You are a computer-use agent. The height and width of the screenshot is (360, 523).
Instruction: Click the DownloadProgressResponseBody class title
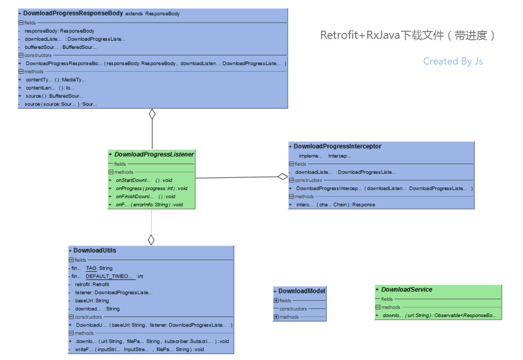click(x=73, y=14)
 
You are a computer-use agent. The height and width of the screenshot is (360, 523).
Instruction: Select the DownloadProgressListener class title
click(x=154, y=154)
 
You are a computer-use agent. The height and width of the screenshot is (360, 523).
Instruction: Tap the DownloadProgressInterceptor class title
click(x=337, y=146)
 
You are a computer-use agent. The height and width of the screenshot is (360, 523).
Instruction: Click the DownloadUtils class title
click(x=95, y=250)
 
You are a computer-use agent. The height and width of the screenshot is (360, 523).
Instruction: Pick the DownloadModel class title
click(x=302, y=291)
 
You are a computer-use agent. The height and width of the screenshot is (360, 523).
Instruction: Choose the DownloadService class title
click(x=406, y=290)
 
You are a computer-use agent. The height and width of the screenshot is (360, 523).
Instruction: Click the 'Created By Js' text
click(x=453, y=61)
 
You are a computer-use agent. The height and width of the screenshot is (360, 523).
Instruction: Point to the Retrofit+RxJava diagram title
click(x=407, y=35)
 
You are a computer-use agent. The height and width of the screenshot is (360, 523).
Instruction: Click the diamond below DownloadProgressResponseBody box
click(x=152, y=114)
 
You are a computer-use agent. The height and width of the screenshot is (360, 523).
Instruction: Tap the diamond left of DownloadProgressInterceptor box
click(x=283, y=177)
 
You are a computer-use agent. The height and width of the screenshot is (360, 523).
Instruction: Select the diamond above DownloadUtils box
click(x=151, y=240)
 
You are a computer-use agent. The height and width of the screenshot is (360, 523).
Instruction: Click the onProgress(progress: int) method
click(x=151, y=189)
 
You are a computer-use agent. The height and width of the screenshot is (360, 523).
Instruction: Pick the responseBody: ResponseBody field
click(x=59, y=31)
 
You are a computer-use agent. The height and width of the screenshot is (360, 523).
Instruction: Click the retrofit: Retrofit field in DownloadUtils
click(x=92, y=285)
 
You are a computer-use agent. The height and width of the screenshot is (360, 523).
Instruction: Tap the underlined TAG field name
click(x=91, y=268)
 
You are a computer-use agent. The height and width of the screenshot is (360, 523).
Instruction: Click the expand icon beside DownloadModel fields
click(x=276, y=301)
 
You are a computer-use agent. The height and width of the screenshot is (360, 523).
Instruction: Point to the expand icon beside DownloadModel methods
click(x=276, y=317)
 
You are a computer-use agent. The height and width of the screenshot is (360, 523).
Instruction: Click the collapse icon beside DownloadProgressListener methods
click(x=111, y=173)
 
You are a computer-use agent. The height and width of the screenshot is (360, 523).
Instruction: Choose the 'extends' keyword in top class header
click(x=134, y=14)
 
